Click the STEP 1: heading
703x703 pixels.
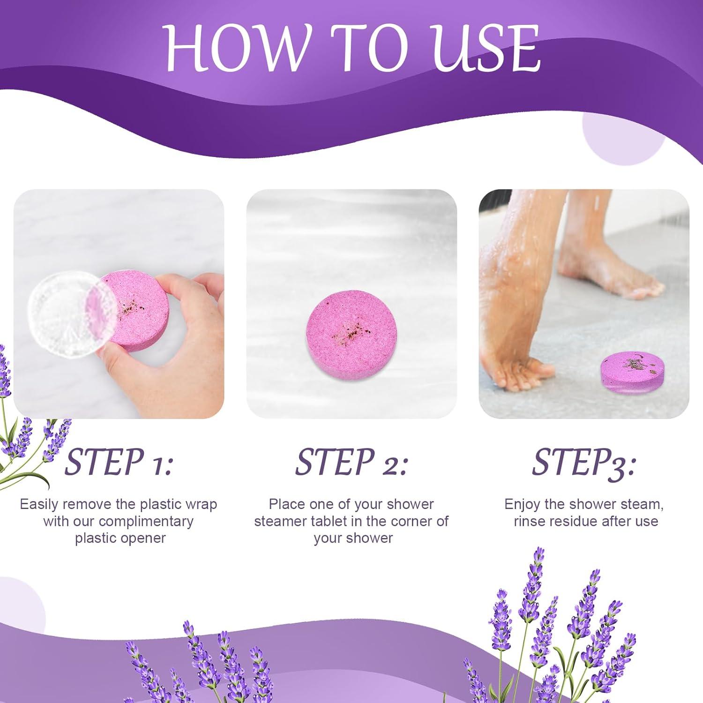(119, 463)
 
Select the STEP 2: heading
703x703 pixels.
(351, 463)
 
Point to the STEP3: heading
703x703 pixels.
(584, 463)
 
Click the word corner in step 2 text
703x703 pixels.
(411, 521)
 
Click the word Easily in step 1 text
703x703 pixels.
(39, 505)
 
